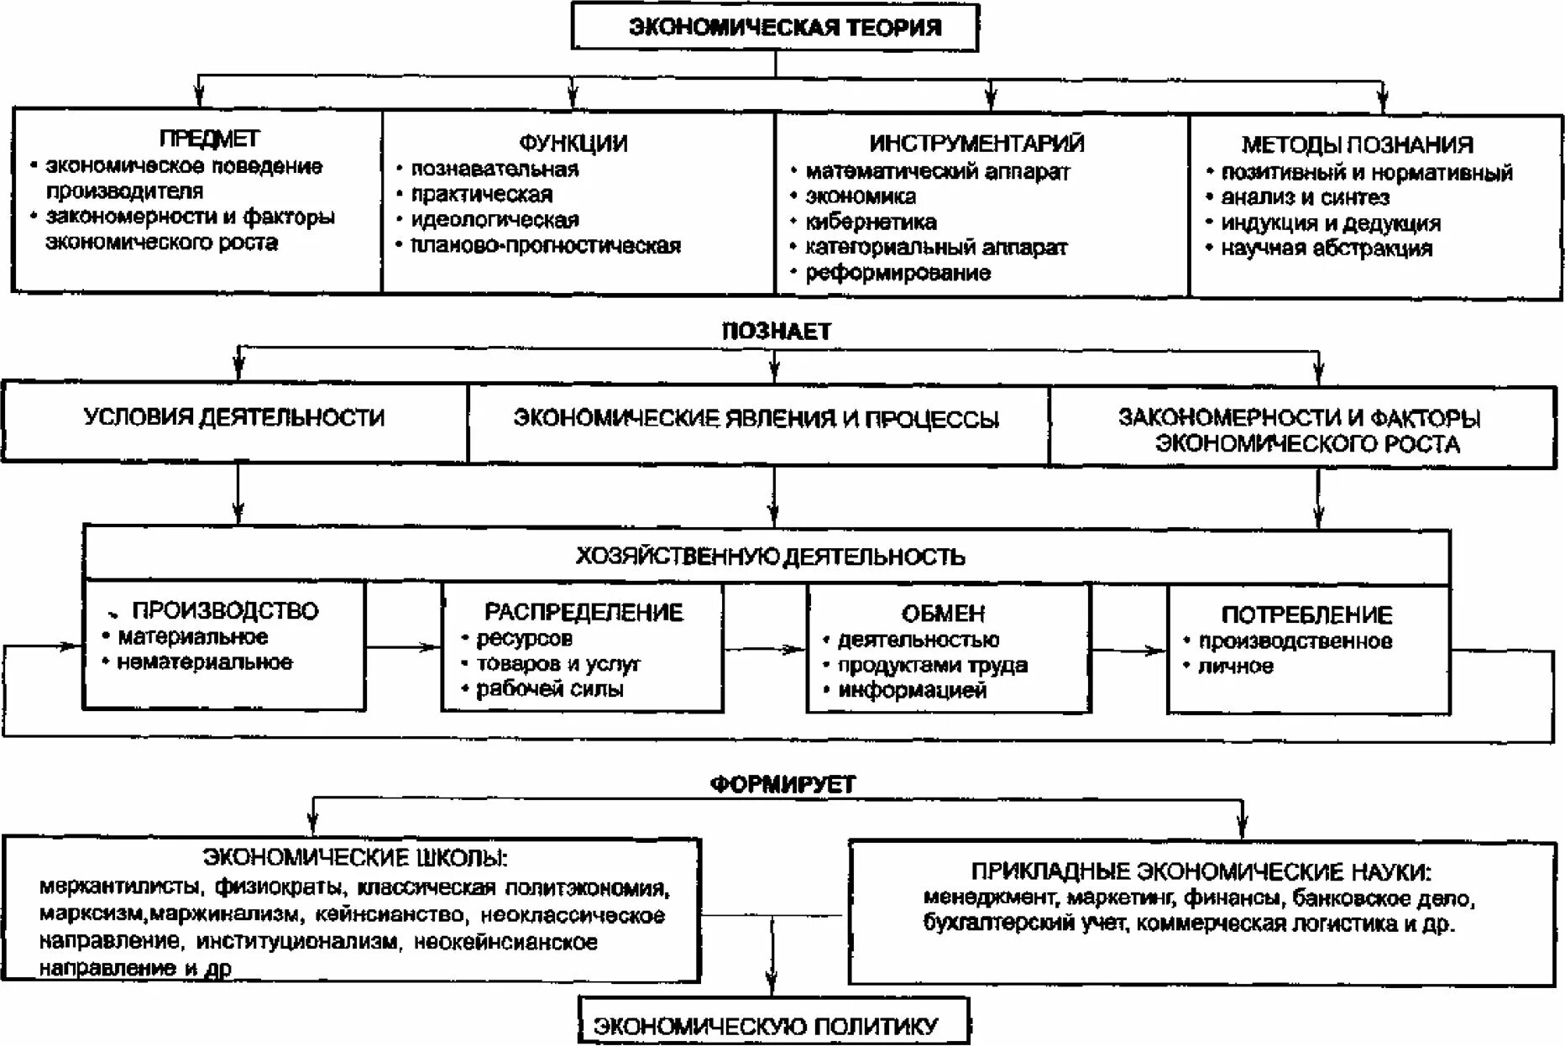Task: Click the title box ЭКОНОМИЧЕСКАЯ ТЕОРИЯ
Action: click(775, 28)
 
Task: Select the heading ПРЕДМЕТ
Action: click(209, 139)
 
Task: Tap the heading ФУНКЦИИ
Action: click(573, 144)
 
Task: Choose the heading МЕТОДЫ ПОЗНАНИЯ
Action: click(1357, 145)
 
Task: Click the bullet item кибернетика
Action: click(871, 222)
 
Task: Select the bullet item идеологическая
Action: click(495, 220)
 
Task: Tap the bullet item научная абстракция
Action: click(1326, 248)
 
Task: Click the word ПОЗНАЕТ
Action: click(776, 332)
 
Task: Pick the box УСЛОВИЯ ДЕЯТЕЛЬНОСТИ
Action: click(234, 418)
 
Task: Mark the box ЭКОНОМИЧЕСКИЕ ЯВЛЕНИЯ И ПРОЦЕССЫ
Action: click(756, 419)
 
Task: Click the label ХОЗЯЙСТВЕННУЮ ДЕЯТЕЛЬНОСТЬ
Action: click(770, 557)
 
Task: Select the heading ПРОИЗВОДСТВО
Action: click(225, 611)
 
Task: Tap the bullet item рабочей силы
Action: click(549, 690)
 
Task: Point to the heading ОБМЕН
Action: click(943, 614)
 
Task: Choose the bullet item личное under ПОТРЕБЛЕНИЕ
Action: click(1235, 667)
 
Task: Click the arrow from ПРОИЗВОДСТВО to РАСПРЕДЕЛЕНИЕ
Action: click(403, 646)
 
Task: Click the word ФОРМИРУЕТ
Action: click(782, 785)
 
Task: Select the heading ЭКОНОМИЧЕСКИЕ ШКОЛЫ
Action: click(355, 858)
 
